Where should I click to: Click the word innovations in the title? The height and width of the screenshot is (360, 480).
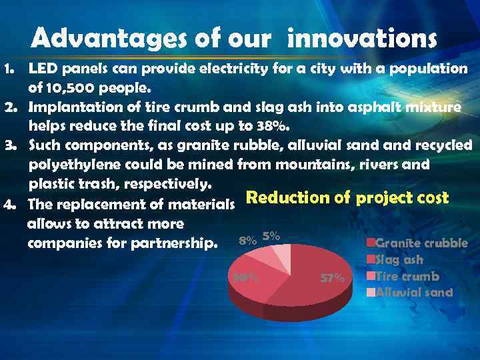[x=362, y=39]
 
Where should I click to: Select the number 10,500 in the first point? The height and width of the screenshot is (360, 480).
[x=68, y=87]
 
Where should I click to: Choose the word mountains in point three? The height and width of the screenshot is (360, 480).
[x=319, y=164]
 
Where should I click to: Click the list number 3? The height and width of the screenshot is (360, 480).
[x=8, y=145]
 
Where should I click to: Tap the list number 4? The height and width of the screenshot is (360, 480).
[x=9, y=205]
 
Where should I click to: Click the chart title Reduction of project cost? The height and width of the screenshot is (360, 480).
[x=347, y=198]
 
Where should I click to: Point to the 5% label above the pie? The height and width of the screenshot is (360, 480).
[x=271, y=235]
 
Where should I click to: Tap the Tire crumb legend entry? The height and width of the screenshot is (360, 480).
[x=407, y=276]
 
